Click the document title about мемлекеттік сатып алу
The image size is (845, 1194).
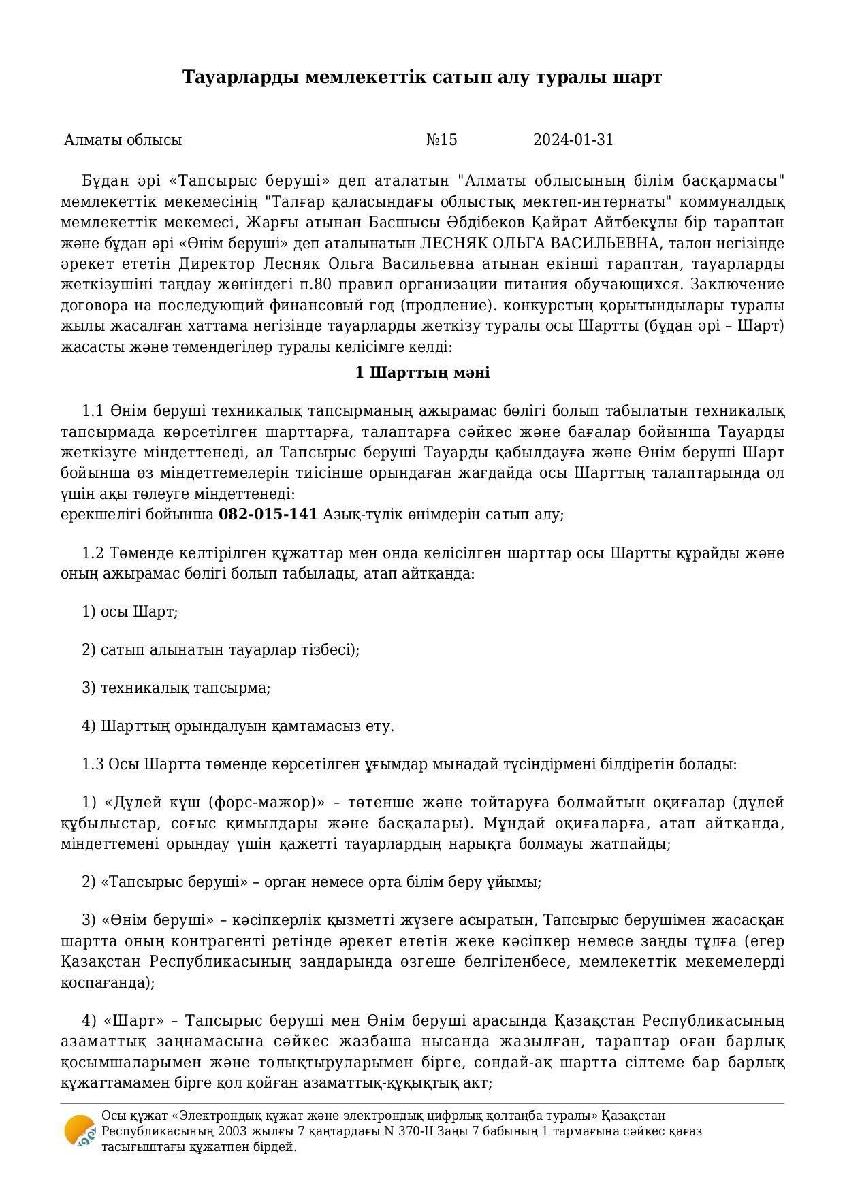[x=422, y=78]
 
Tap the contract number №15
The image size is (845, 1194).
[x=441, y=140]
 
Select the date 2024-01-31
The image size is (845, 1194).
[x=573, y=140]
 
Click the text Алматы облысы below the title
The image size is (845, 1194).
[x=123, y=140]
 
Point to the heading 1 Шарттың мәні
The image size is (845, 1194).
[x=422, y=373]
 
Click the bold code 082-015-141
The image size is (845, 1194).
[x=268, y=515]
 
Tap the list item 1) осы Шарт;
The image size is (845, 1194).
[x=129, y=612]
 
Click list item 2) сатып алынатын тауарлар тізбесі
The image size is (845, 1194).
[x=220, y=650]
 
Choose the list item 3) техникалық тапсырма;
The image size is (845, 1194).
[x=176, y=688]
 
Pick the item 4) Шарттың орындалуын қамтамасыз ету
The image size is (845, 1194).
[x=238, y=726]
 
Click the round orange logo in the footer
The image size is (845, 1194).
[x=79, y=1131]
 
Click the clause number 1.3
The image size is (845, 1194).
[x=93, y=764]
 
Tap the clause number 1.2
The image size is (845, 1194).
[x=93, y=553]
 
